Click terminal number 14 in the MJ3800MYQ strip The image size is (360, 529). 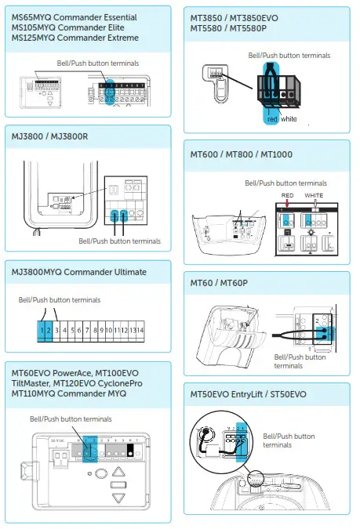pos(140,331)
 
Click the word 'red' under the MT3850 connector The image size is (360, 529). pos(273,119)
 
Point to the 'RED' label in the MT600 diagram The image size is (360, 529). pos(288,194)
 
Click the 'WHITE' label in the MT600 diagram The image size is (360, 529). pos(314,194)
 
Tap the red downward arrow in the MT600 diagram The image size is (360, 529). pos(289,206)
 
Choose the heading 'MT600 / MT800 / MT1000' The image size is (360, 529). pos(241,154)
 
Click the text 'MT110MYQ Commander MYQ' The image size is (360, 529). pos(72,393)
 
